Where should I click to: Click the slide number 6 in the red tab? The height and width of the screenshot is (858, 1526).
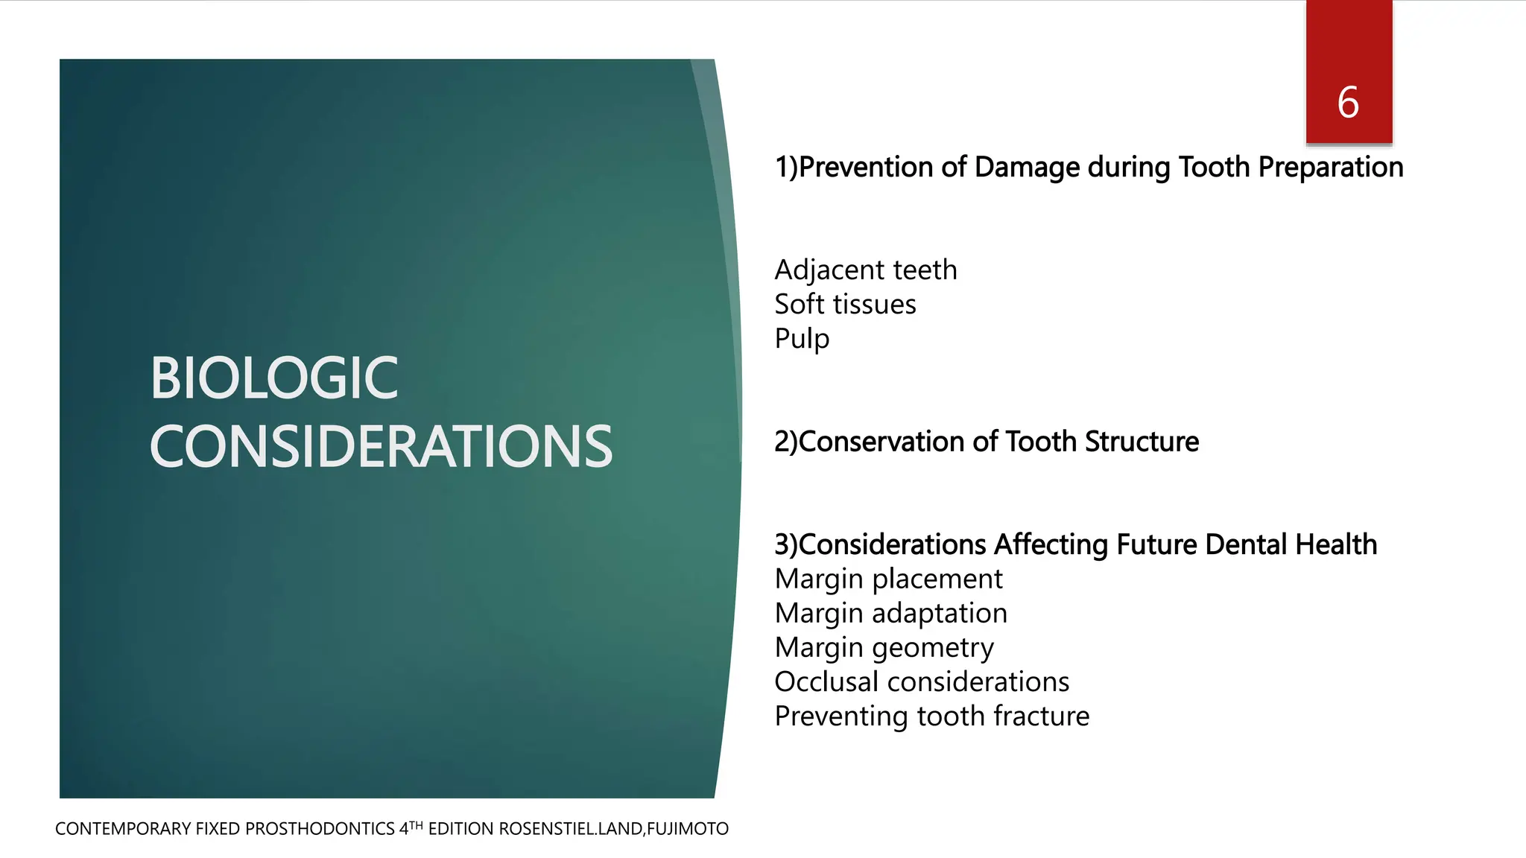tap(1348, 103)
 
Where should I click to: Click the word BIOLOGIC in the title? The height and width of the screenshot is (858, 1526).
tap(274, 378)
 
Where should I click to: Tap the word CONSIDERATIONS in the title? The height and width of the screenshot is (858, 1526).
tap(381, 447)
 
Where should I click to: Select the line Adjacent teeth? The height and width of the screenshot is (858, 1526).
tap(866, 270)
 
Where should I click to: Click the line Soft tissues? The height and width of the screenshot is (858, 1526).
tap(845, 304)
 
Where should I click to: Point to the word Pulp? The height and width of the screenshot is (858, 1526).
tap(802, 339)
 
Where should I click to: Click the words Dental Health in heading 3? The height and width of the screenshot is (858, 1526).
tap(1291, 544)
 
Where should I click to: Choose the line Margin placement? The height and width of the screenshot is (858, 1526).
tap(888, 579)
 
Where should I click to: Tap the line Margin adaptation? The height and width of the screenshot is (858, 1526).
tap(891, 613)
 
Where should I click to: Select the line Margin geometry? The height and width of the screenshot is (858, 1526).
tap(884, 648)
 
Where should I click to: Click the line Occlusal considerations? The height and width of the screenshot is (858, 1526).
tap(922, 681)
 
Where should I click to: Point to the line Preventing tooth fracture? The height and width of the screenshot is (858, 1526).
tap(931, 716)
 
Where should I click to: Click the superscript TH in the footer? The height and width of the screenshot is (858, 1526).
tap(416, 824)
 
